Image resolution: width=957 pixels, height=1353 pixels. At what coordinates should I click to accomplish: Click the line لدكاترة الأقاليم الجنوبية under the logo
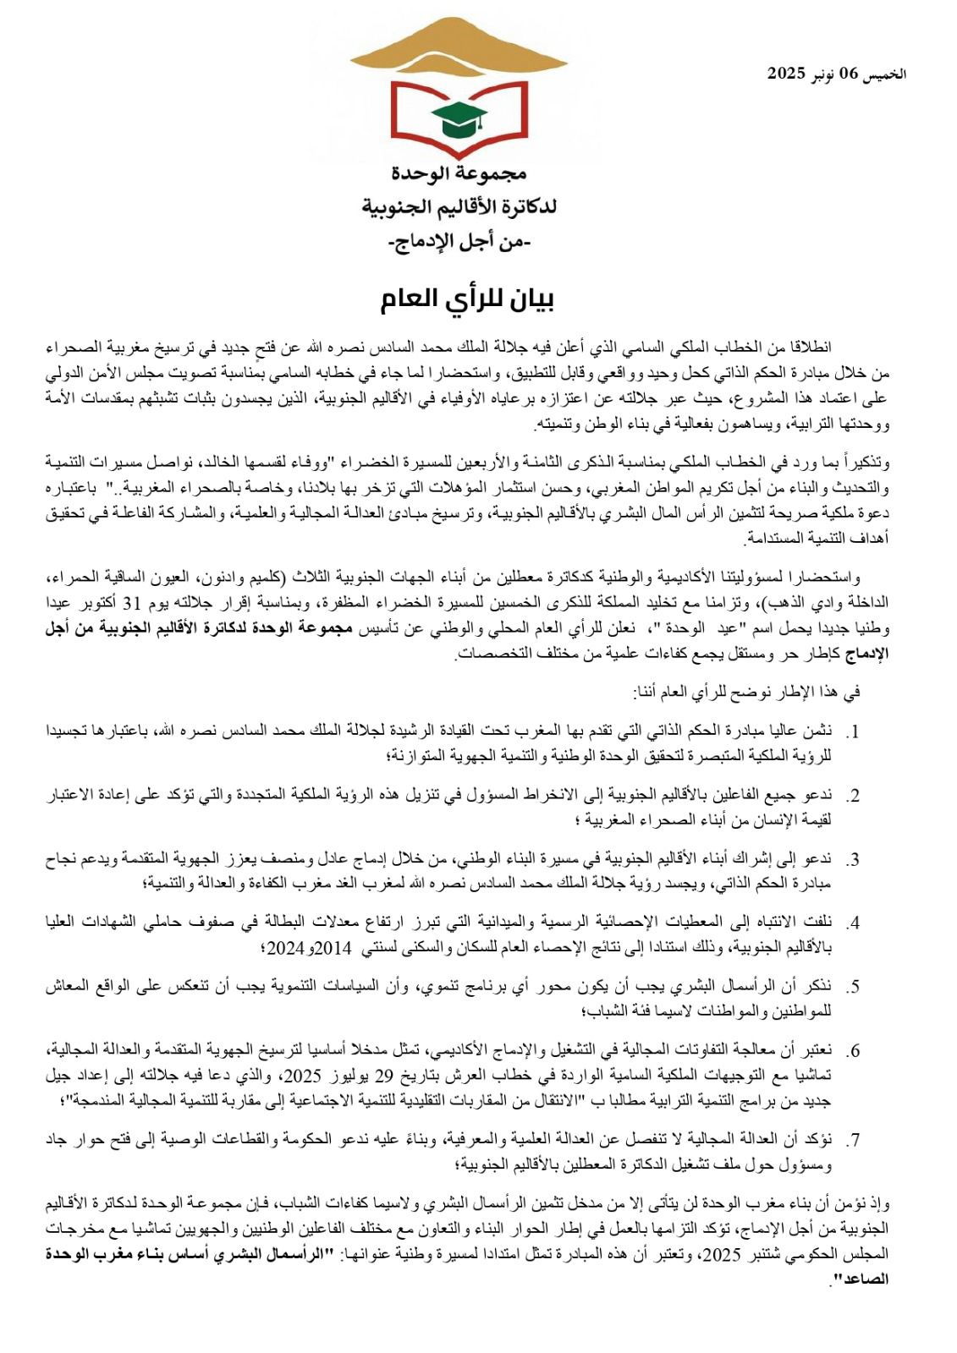click(x=459, y=208)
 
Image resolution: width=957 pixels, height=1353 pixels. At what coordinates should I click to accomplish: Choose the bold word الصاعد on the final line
click(x=866, y=1279)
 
